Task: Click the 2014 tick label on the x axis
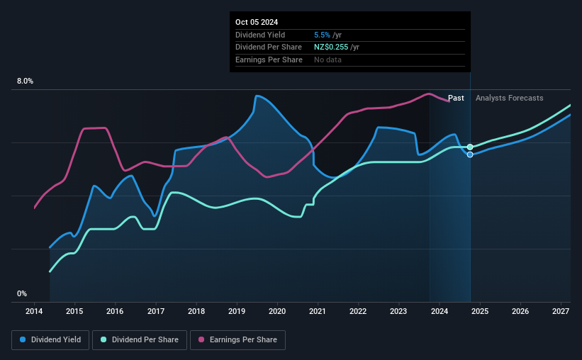[x=34, y=311]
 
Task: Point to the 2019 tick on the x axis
[x=237, y=311]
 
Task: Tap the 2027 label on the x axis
[x=561, y=311]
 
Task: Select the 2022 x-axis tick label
[x=358, y=311]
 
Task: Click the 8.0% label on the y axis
[x=25, y=81]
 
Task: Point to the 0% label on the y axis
[x=22, y=293]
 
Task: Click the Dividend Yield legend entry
[x=51, y=340]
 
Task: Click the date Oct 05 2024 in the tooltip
[x=257, y=22]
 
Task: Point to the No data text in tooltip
[x=328, y=60]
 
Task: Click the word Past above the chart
[x=456, y=98]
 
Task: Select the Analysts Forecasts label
[x=510, y=98]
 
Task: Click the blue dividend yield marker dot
[x=470, y=154]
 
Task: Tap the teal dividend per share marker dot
[x=470, y=147]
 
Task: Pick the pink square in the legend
[x=201, y=340]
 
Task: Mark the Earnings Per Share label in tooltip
[x=269, y=60]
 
